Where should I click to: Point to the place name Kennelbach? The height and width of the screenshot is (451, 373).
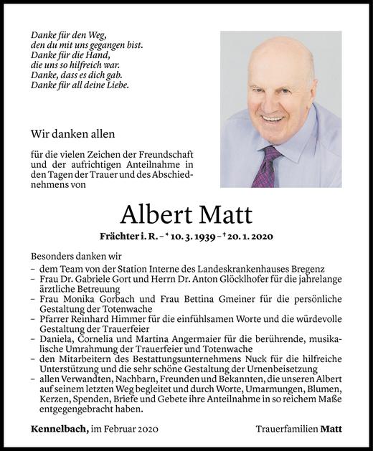tap(59, 429)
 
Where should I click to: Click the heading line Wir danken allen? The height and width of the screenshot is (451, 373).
tap(72, 133)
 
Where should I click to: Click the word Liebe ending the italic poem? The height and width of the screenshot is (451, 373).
tap(117, 85)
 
